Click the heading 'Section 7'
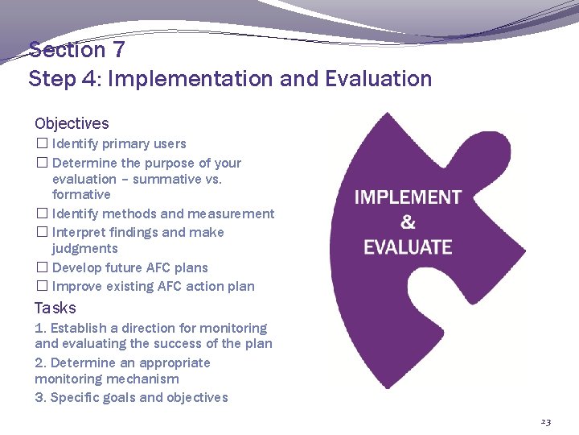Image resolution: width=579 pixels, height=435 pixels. pos(77,50)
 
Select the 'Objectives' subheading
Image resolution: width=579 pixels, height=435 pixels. pos(72,123)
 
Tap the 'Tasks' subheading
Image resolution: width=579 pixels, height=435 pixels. pos(55,308)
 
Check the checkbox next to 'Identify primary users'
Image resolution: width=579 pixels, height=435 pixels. pos(42,144)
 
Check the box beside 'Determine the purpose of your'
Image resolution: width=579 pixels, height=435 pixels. pos(42,164)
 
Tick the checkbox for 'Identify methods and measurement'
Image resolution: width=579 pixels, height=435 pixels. pos(42,214)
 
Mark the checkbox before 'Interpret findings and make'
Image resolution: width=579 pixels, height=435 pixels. pos(42,233)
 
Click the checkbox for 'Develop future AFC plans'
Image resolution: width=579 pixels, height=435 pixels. pos(42,268)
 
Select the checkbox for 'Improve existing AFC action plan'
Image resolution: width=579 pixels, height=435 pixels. pos(42,287)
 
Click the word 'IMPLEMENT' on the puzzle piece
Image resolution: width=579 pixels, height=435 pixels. pos(408,197)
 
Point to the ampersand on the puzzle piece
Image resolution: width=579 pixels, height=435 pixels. pos(408,222)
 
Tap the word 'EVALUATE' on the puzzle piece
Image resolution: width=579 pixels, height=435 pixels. pos(408,247)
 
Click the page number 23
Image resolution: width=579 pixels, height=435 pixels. pos(546,422)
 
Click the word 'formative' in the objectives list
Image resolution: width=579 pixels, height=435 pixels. pos(81,195)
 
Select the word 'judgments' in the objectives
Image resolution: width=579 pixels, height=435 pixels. pos(84,249)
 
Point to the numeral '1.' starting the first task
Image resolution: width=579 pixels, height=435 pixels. pos(41,329)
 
